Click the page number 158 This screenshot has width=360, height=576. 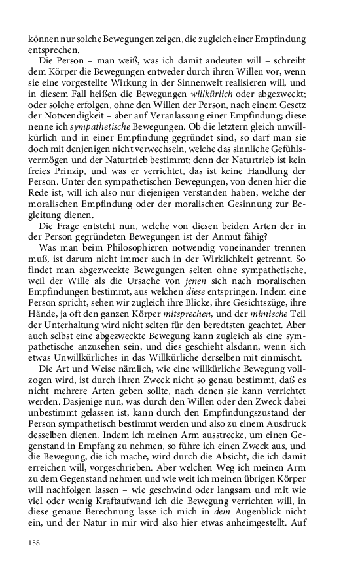pyautogui.click(x=34, y=543)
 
